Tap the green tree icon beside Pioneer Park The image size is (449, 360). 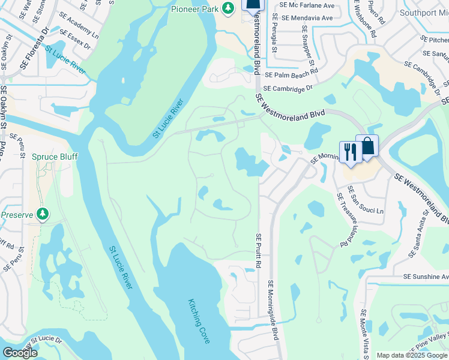tap(228, 8)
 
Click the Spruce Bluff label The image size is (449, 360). tap(55, 157)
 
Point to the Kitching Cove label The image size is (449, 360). tap(199, 321)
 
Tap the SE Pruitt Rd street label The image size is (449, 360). tap(259, 251)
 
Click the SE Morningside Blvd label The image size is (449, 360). tap(274, 310)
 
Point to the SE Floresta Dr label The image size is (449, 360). tap(35, 46)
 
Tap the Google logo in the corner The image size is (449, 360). tap(20, 353)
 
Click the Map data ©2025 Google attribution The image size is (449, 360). tap(412, 355)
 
